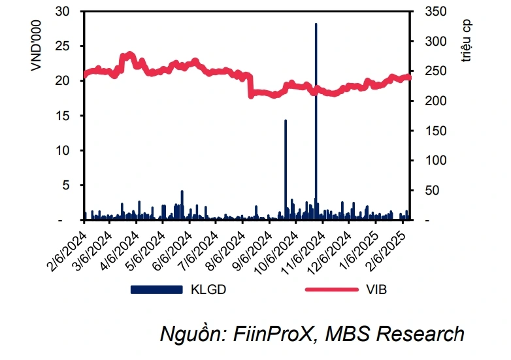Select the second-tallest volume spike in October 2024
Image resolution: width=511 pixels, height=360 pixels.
[286, 170]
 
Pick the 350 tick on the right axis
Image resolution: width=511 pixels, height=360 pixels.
[429, 11]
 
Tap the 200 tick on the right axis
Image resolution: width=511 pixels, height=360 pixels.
[429, 101]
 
